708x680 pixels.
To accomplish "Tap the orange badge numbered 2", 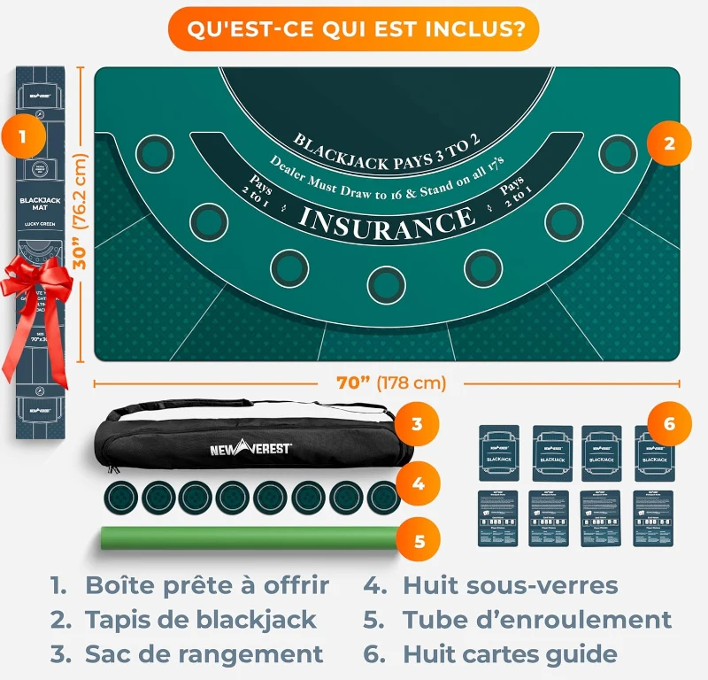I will click(669, 143).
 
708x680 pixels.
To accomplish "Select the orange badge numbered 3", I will click(416, 424).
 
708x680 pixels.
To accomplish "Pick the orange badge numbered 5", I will click(420, 540).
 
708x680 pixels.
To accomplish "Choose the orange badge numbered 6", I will click(669, 424).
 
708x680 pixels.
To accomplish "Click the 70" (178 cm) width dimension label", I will click(390, 383).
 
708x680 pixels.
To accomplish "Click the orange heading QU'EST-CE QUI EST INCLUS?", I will click(354, 28).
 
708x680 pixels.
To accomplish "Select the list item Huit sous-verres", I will click(510, 585).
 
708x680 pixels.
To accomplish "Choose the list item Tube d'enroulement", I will click(536, 620).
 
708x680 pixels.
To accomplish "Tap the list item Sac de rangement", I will click(204, 654).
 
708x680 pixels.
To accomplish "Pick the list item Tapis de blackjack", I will click(201, 620).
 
